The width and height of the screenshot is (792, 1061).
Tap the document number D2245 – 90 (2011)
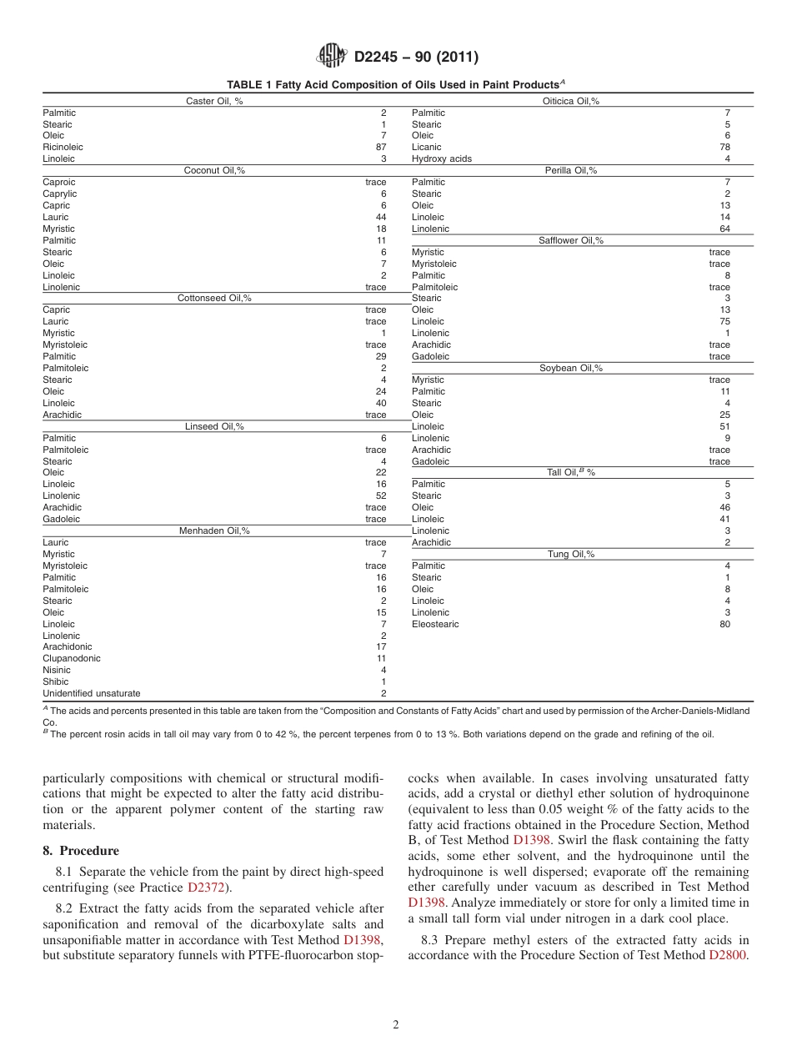coord(416,57)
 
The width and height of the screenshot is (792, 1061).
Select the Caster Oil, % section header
coord(214,101)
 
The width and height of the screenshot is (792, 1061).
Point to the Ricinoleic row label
coord(63,147)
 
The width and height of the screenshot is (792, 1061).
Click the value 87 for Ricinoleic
coord(381,147)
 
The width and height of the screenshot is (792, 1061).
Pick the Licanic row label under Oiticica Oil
coord(427,147)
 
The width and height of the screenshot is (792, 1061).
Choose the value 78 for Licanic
coord(724,147)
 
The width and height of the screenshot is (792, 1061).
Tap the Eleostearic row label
coord(435,624)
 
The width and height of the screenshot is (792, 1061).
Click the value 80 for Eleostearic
coord(724,624)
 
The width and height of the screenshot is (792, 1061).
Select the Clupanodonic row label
coord(72,658)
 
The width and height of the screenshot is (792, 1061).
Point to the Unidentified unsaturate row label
coord(92,693)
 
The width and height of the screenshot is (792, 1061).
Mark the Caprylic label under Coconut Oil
coord(59,194)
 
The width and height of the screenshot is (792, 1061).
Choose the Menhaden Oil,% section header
coord(214,530)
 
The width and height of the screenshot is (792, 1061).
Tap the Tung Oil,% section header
coord(570,554)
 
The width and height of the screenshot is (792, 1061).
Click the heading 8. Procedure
coord(81,851)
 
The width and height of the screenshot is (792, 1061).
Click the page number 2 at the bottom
coord(396,1025)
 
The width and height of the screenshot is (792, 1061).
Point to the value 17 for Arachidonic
coord(381,646)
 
